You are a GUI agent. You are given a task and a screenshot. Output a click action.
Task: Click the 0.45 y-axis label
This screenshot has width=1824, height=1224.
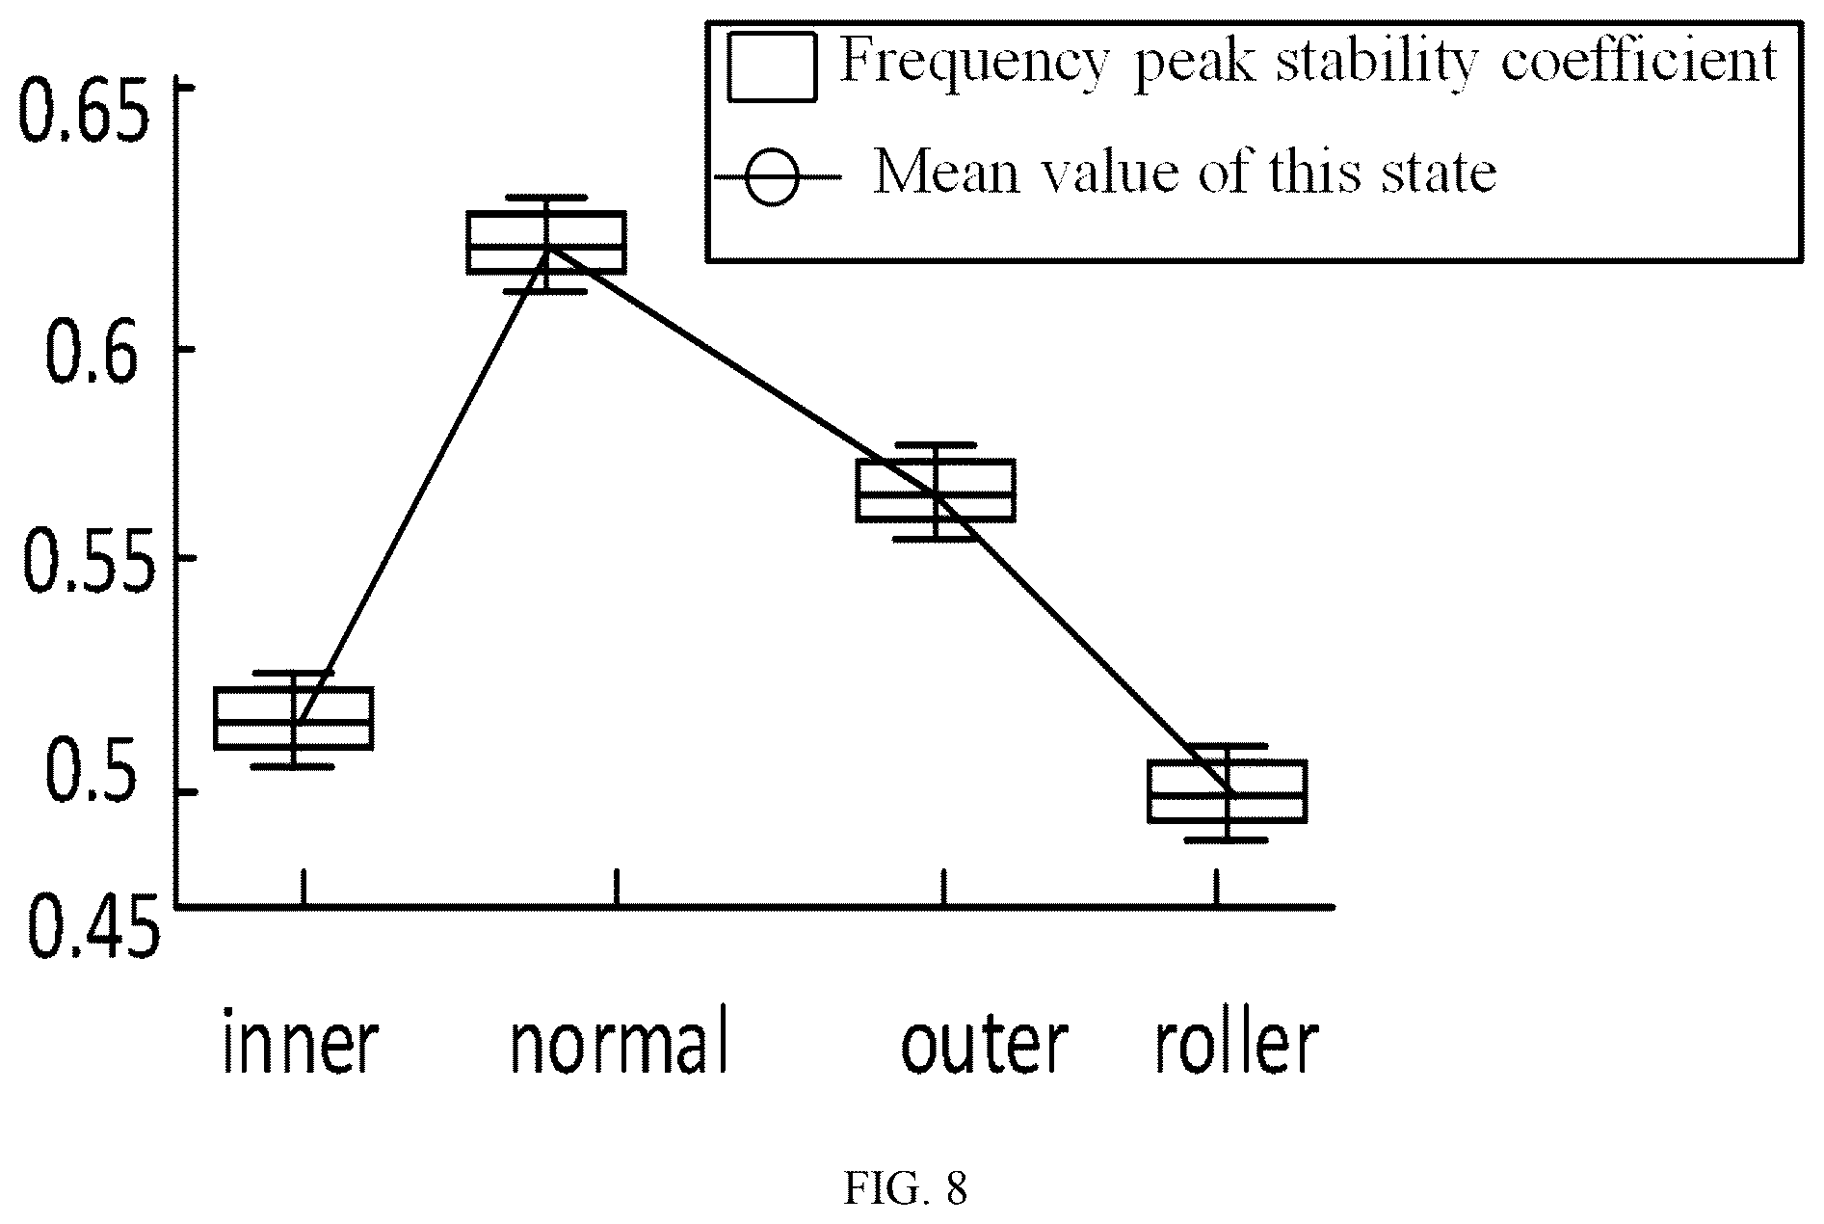click(89, 927)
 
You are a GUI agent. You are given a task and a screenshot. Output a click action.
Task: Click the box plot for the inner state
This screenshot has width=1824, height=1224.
click(294, 719)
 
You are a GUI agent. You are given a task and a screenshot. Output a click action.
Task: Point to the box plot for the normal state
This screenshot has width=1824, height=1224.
click(546, 243)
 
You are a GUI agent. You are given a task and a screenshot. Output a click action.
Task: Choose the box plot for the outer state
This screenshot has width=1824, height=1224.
click(936, 492)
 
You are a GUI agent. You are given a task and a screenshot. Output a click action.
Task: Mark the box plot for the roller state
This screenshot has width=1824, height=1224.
click(1227, 792)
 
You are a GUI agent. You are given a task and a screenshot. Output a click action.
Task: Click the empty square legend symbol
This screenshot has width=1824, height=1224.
click(773, 67)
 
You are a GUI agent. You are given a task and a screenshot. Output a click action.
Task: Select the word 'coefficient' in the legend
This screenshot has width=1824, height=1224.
click(1634, 62)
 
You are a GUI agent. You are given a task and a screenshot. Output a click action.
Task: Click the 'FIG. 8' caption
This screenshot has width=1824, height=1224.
click(906, 1189)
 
